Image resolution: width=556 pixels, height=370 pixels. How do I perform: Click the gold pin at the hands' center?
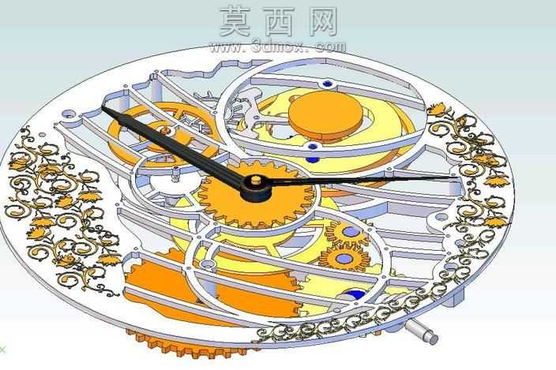[x=255, y=180]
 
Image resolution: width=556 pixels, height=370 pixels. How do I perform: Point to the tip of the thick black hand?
[x=103, y=107]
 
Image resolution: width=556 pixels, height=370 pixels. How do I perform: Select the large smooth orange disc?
[x=325, y=114]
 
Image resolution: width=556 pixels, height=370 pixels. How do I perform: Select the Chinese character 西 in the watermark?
[x=279, y=22]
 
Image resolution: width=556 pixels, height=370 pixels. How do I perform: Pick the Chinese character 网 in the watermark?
[x=323, y=22]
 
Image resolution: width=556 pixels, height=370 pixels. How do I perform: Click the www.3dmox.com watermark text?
[x=278, y=47]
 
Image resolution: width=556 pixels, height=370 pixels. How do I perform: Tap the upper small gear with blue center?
[x=347, y=233]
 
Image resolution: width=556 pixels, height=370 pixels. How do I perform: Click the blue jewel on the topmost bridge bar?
[x=327, y=84]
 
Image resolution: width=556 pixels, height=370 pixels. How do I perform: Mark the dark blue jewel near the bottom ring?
[x=355, y=295]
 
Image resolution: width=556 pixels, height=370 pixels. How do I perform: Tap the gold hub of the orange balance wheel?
[x=166, y=131]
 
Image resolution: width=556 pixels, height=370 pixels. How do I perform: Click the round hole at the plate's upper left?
[x=67, y=114]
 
